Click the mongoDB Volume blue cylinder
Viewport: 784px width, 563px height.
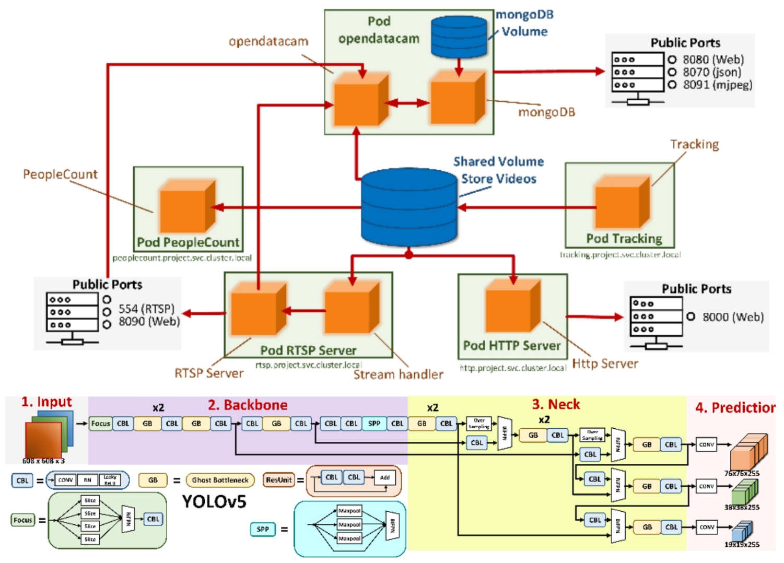pyautogui.click(x=459, y=36)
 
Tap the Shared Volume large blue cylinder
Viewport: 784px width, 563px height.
pyautogui.click(x=409, y=207)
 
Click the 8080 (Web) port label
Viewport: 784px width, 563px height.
pyautogui.click(x=713, y=60)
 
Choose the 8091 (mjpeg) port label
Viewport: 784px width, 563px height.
pyautogui.click(x=717, y=85)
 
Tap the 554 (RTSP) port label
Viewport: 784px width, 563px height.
pyautogui.click(x=146, y=309)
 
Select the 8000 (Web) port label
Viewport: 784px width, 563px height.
pyautogui.click(x=733, y=317)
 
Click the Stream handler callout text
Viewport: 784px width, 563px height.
pyautogui.click(x=398, y=374)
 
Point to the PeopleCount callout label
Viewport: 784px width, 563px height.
pyautogui.click(x=60, y=174)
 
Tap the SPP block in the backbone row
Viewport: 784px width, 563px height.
pyautogui.click(x=374, y=424)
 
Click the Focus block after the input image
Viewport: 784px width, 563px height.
pyautogui.click(x=100, y=424)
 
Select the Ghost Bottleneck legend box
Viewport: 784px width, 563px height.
pyautogui.click(x=220, y=480)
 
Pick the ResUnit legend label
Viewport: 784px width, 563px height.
pyautogui.click(x=279, y=480)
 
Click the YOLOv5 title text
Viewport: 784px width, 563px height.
pyautogui.click(x=214, y=502)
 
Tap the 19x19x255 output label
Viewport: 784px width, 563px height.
pyautogui.click(x=742, y=545)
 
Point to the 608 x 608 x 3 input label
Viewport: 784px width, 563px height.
pyautogui.click(x=43, y=461)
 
